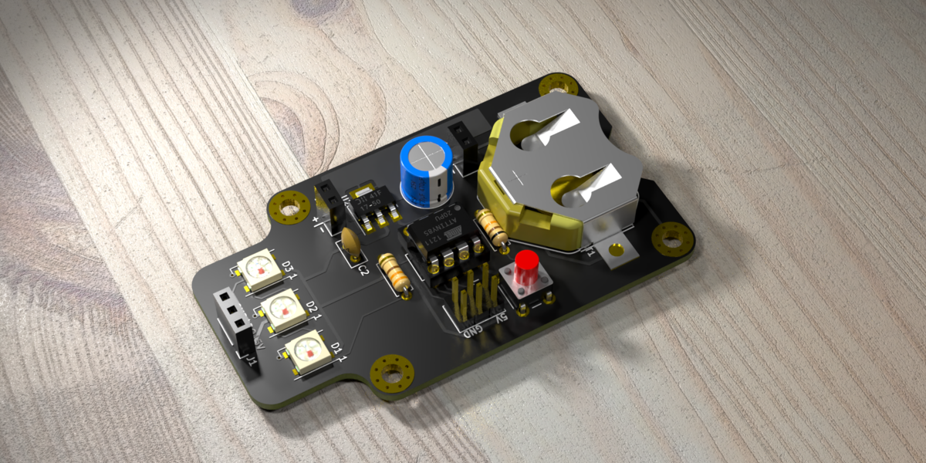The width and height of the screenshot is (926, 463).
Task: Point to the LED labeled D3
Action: click(259, 270)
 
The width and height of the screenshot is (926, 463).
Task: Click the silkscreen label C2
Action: click(364, 268)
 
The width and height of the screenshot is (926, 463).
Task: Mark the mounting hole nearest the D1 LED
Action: click(390, 373)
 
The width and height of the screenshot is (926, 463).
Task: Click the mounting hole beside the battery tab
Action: click(672, 240)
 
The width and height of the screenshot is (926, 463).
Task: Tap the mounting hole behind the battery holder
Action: click(558, 86)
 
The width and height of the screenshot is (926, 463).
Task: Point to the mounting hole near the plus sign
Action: click(290, 207)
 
